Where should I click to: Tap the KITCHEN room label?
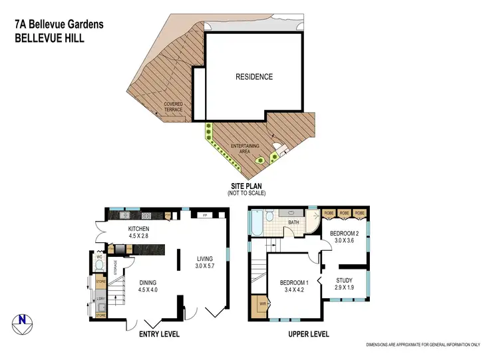[139, 230]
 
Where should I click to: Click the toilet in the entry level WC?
[98, 264]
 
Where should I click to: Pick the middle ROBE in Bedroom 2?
[344, 213]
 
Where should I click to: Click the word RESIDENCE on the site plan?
[254, 77]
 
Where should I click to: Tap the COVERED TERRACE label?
[173, 107]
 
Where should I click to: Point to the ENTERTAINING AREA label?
[245, 148]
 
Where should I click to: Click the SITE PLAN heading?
[246, 186]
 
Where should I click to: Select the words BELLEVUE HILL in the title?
[49, 38]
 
